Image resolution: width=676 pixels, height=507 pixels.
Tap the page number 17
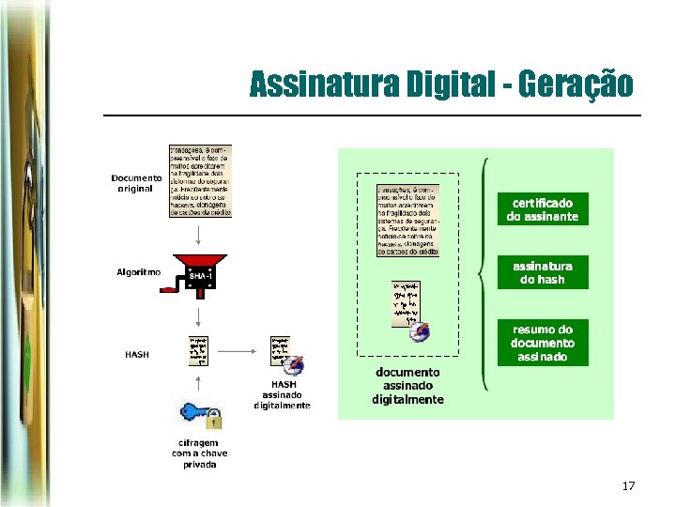[628, 486]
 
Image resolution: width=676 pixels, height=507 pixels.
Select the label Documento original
[136, 183]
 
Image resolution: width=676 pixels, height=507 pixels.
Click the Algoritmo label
[138, 272]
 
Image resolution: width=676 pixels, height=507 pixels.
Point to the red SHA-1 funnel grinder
[200, 271]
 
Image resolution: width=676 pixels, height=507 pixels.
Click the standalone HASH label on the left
[137, 355]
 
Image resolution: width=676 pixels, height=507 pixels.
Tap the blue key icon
[194, 412]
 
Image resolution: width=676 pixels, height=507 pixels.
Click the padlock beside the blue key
[214, 419]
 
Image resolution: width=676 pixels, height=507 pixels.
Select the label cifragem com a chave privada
[199, 453]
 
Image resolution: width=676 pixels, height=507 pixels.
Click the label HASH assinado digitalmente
[283, 395]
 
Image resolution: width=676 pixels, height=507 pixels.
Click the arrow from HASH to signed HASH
[239, 352]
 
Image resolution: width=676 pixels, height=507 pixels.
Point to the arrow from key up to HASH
[199, 380]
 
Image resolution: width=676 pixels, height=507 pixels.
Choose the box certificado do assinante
[542, 209]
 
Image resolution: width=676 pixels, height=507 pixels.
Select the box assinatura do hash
[542, 272]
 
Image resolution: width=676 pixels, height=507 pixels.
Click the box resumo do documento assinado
[542, 343]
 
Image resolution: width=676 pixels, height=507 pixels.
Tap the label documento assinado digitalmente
[407, 386]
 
